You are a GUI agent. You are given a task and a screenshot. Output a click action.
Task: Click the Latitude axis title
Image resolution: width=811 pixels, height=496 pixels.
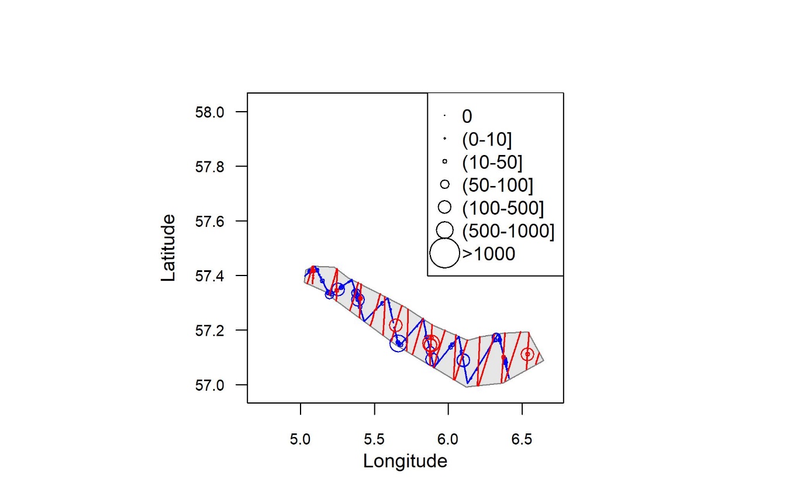pyautogui.click(x=168, y=248)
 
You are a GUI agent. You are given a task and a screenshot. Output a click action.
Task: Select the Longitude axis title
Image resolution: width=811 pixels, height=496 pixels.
pyautogui.click(x=405, y=461)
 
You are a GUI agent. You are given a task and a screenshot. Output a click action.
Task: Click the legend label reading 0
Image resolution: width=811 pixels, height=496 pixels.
pyautogui.click(x=467, y=116)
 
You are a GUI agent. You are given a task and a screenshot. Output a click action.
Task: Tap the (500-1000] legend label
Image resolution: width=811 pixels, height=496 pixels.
pyautogui.click(x=508, y=231)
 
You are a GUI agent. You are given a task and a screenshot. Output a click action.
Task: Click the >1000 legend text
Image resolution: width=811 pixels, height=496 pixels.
pyautogui.click(x=488, y=254)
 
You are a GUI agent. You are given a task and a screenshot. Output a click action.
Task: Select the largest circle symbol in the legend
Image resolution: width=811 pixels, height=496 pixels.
pyautogui.click(x=445, y=254)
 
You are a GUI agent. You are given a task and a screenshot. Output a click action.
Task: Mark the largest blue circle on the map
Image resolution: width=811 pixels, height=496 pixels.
pyautogui.click(x=398, y=343)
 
